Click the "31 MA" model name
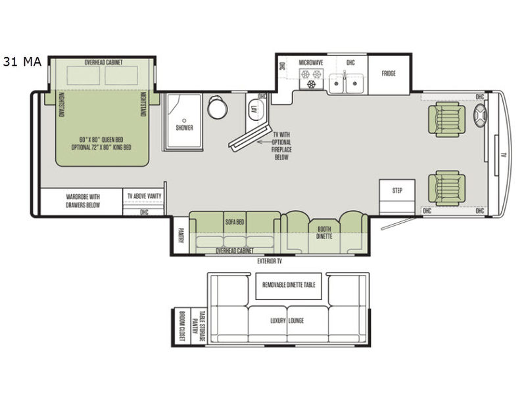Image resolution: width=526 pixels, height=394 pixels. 22,62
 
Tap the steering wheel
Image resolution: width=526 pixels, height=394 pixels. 480,116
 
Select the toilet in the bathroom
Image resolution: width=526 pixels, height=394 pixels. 217,106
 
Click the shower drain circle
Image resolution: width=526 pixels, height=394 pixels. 184,120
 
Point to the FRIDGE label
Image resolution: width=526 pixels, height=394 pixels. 389,74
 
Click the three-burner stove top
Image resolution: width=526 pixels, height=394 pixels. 311,79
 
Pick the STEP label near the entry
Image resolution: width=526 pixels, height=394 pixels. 397,190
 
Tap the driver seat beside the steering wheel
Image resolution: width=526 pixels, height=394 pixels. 446,120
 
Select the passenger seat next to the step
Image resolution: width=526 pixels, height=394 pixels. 446,188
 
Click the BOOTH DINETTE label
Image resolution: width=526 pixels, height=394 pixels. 324,232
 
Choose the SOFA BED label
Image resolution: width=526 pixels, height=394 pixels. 235,222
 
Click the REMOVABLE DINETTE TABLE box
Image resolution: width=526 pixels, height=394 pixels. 289,286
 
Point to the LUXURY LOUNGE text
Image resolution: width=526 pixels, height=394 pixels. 287,320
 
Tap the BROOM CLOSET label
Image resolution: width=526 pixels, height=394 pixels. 182,326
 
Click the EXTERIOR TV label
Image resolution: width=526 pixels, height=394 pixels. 270,261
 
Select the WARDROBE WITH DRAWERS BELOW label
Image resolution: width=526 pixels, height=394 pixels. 83,201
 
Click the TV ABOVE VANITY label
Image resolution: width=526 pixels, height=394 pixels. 144,196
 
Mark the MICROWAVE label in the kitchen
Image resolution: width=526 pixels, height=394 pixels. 311,62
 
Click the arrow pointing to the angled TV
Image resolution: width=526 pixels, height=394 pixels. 268,142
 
